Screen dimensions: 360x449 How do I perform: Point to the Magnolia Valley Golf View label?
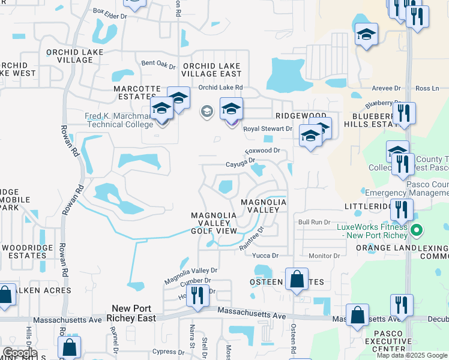214,223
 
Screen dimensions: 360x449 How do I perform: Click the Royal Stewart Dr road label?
267,128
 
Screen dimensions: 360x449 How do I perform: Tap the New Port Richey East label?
130,313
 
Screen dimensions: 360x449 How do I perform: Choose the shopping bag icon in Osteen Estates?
297,279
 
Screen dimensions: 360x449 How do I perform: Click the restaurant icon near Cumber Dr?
197,295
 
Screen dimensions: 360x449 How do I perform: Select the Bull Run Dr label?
315,222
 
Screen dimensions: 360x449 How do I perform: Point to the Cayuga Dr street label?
240,161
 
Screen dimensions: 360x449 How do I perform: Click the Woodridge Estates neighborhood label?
24,251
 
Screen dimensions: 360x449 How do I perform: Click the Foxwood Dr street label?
262,151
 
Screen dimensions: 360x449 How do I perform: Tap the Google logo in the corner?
19,353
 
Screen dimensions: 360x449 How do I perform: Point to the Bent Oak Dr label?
158,64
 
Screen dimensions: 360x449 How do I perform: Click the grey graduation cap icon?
206,112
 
